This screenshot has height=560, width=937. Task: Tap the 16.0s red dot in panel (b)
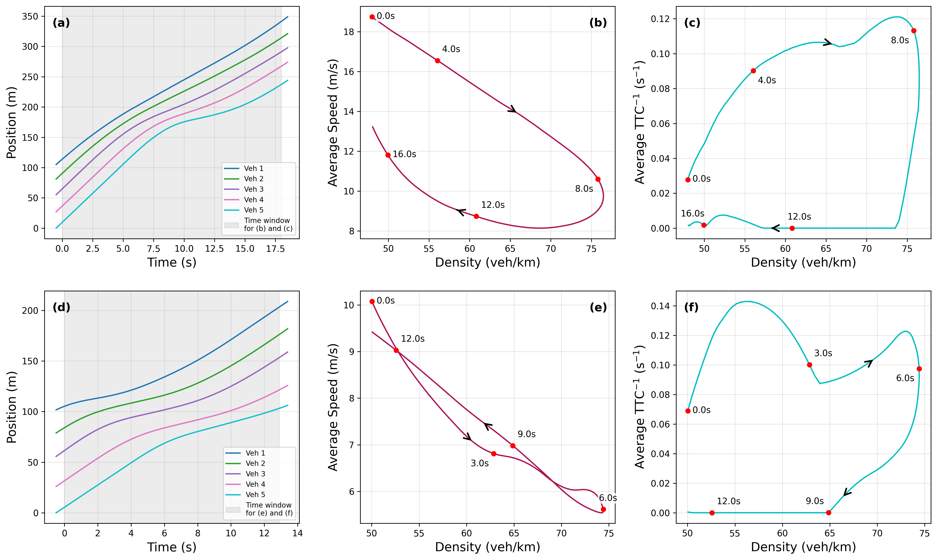click(x=388, y=155)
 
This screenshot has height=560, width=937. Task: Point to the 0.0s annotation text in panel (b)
click(x=385, y=16)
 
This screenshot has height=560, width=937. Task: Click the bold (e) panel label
click(x=598, y=307)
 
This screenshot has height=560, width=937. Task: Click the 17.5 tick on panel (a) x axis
click(x=275, y=249)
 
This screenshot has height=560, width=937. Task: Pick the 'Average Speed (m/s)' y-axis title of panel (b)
click(x=333, y=123)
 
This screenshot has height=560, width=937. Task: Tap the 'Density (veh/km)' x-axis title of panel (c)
click(x=803, y=262)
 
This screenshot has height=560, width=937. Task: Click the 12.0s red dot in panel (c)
click(x=792, y=228)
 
